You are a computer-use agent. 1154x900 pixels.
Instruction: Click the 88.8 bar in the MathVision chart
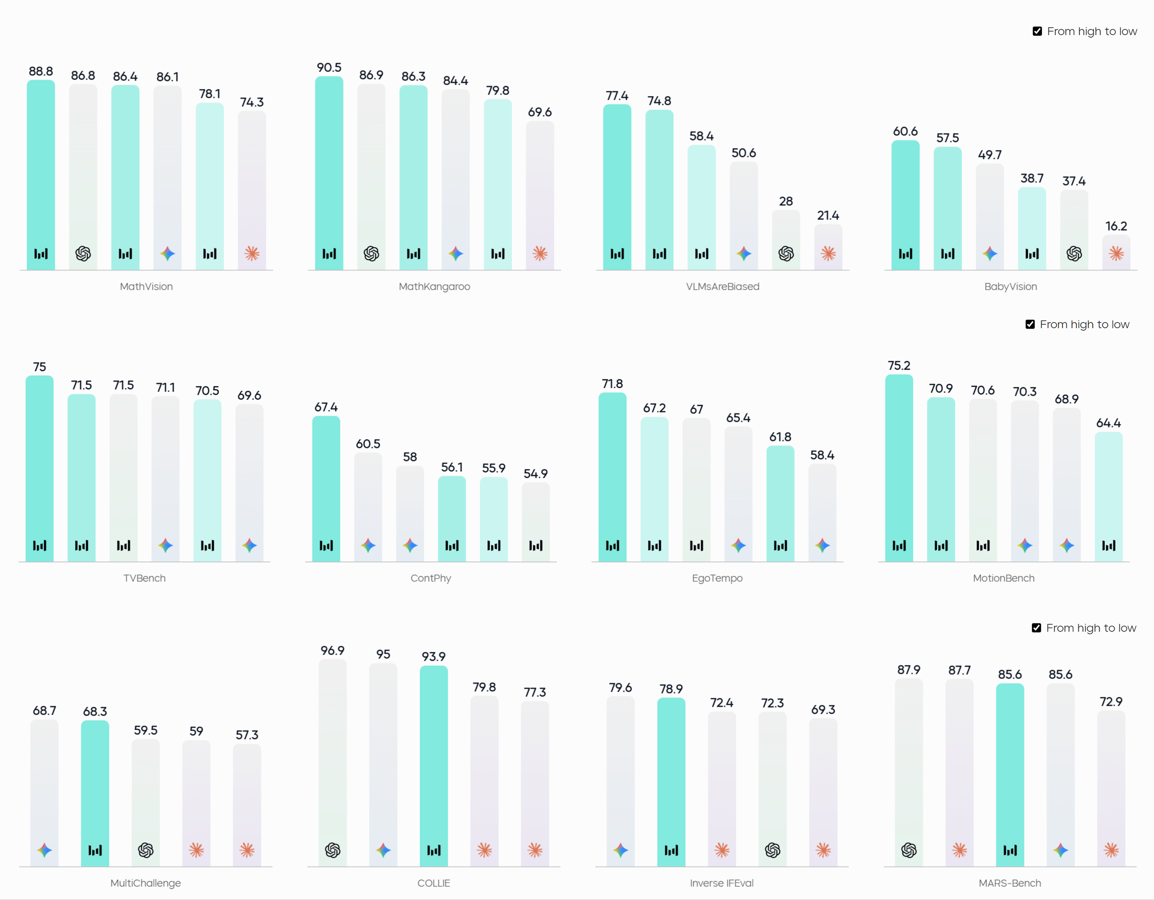point(41,174)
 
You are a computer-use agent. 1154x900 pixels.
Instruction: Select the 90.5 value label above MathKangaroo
point(329,68)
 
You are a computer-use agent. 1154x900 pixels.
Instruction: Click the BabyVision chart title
point(1010,287)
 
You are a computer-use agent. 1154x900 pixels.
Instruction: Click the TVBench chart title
point(144,578)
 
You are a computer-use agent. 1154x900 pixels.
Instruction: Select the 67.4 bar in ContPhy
point(326,486)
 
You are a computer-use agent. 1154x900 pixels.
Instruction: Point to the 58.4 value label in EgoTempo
point(822,455)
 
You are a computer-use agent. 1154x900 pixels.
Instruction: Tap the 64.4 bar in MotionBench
point(1109,497)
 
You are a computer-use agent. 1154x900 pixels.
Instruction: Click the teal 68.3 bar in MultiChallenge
point(95,793)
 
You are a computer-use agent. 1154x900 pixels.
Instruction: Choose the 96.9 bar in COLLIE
point(332,761)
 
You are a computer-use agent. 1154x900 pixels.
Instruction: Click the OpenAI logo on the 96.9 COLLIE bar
point(332,850)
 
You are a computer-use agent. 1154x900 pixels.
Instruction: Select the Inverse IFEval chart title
point(722,883)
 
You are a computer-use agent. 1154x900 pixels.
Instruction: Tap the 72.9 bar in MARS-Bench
point(1111,788)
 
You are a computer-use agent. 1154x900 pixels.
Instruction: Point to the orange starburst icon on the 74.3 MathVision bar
point(252,254)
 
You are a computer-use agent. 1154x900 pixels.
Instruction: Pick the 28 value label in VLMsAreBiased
point(786,202)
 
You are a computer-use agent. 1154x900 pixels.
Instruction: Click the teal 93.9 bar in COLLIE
point(434,767)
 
